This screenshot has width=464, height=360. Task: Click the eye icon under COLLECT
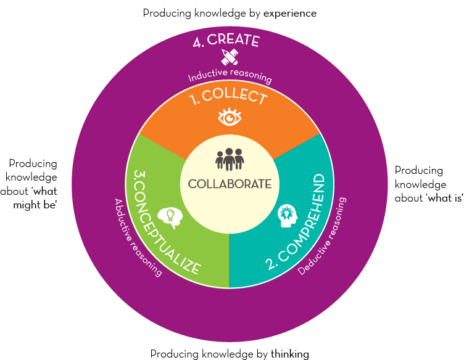point(230,117)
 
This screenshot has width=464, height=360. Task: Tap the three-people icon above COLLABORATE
point(230,158)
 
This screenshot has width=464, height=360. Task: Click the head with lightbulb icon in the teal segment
point(288,216)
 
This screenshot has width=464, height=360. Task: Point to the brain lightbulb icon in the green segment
point(170,216)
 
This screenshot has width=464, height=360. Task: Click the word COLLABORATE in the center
point(230,184)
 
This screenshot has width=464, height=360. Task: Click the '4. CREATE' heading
point(226,41)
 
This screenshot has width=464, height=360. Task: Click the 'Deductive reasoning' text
point(325,237)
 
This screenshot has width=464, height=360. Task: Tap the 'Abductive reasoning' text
point(136,238)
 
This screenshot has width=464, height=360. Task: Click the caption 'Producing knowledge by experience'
point(230,12)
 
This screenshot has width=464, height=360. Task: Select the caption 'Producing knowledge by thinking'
point(230,353)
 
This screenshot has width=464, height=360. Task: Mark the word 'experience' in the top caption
point(291,13)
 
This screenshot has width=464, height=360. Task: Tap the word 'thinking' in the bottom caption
point(289,353)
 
